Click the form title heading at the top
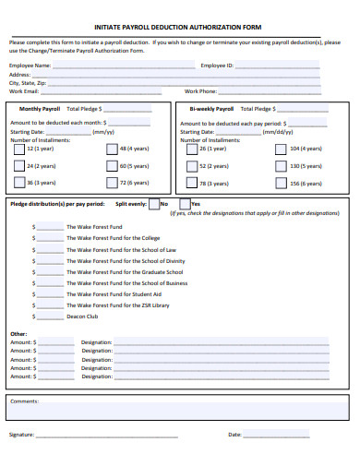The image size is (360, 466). [x=180, y=28]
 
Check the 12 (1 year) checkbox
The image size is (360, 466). [x=19, y=149]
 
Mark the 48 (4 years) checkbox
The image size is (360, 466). [x=112, y=149]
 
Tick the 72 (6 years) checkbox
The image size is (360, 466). [x=112, y=183]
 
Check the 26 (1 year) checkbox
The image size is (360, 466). [x=191, y=149]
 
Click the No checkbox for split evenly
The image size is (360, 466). [x=154, y=204]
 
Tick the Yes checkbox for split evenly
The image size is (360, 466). [x=185, y=204]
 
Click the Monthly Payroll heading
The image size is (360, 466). [x=39, y=108]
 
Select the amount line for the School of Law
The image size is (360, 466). [x=48, y=250]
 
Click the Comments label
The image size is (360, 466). [x=24, y=401]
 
